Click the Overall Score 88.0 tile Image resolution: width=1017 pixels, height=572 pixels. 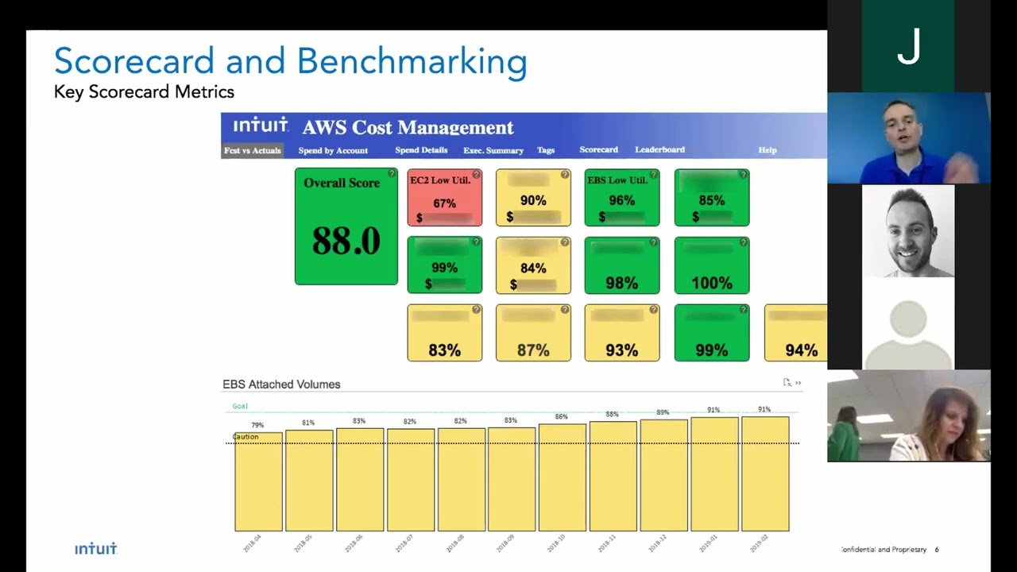pos(346,226)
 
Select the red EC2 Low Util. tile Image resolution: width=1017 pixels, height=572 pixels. pos(444,198)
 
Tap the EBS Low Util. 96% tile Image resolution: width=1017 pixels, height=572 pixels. pos(621,198)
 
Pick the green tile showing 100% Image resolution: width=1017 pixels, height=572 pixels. pos(711,265)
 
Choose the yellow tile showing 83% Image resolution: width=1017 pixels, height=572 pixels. pos(444,333)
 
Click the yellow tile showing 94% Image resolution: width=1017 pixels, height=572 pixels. pos(795,333)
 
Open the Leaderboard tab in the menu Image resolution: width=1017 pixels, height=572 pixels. pos(659,149)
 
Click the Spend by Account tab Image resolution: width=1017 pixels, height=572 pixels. pos(333,150)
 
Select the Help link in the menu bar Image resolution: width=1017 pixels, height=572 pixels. pos(767,150)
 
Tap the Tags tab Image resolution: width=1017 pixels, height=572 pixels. pos(546,150)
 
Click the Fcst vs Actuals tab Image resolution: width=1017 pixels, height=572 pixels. pos(252,150)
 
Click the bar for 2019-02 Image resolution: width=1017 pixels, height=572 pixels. pos(765,474)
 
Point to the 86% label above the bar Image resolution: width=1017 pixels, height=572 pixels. pos(561,417)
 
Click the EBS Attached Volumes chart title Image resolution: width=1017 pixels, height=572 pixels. pos(281,385)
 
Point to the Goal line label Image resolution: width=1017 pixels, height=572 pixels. pos(240,406)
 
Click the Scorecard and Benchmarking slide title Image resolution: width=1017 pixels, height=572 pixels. pos(290,61)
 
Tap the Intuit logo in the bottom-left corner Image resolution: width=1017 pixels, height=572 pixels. pos(96,549)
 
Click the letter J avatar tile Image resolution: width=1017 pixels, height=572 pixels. pos(908,46)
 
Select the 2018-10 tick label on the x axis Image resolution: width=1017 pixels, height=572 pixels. pos(556,543)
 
